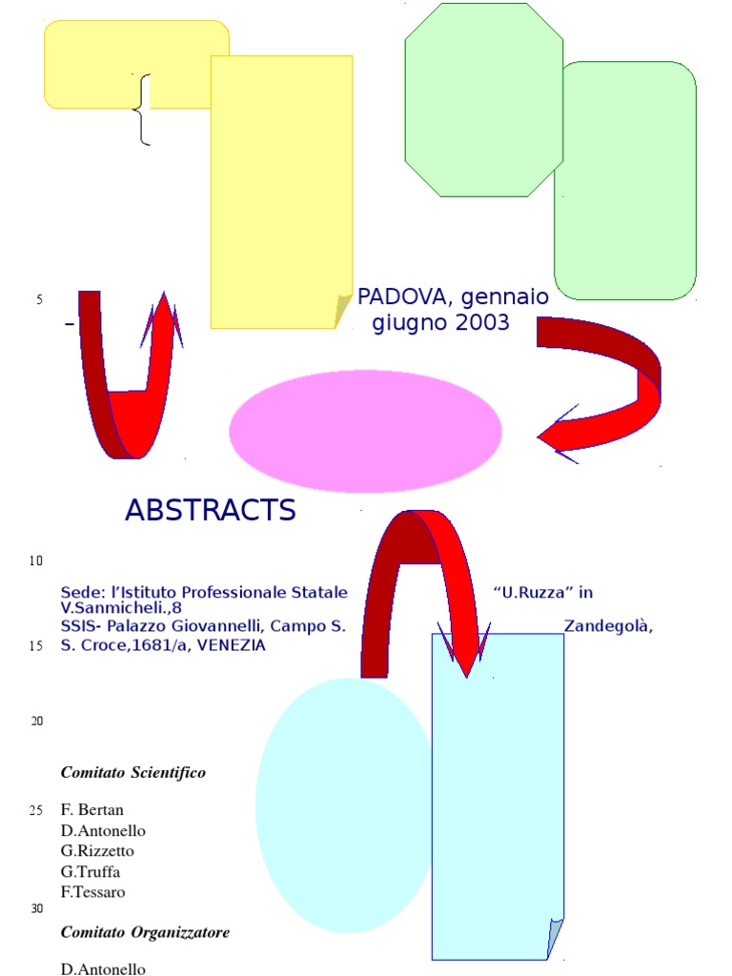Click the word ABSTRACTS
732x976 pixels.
[x=210, y=511]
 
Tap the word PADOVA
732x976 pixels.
[x=393, y=298]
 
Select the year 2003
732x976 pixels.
[x=482, y=323]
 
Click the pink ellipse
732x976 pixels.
[x=365, y=431]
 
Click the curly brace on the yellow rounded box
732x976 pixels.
[x=143, y=110]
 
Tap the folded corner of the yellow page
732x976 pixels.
[x=343, y=311]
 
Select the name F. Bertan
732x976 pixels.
[x=92, y=810]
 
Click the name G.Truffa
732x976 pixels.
[x=91, y=871]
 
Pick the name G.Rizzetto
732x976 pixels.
[x=97, y=850]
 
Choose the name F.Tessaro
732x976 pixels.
[x=93, y=892]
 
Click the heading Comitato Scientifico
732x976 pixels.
[x=133, y=773]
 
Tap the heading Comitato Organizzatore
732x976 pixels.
[x=145, y=932]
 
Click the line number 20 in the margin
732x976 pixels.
[x=37, y=721]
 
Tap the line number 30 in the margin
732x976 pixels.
[x=37, y=908]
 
